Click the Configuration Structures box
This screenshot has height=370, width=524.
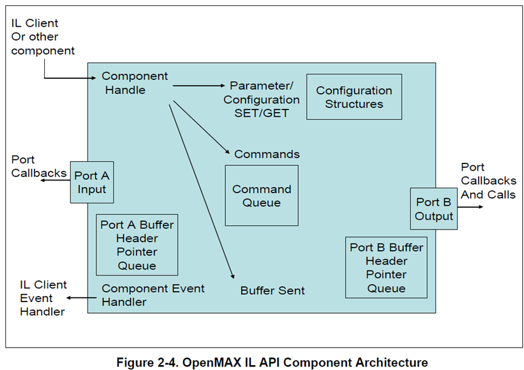tap(354, 97)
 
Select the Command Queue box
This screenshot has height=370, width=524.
tap(262, 196)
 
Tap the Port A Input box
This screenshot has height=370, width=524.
tap(91, 182)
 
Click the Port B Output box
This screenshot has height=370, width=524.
tap(434, 209)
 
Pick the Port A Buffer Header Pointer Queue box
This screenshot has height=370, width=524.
tap(137, 245)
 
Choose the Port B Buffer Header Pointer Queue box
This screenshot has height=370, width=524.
tap(386, 268)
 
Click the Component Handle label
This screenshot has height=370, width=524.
tap(134, 83)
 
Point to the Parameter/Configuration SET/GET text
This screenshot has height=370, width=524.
tap(261, 99)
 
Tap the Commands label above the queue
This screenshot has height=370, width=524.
tap(267, 154)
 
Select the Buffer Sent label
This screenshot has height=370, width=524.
tap(272, 291)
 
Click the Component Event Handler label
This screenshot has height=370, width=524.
tap(153, 294)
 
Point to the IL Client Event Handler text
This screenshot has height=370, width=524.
tap(43, 298)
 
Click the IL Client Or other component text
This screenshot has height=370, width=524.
tap(42, 37)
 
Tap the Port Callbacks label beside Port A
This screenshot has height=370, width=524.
tap(38, 167)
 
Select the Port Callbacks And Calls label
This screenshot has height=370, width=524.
tap(488, 180)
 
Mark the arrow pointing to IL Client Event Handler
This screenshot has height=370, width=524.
tap(82, 297)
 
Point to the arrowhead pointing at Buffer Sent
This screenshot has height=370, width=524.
tap(233, 276)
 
